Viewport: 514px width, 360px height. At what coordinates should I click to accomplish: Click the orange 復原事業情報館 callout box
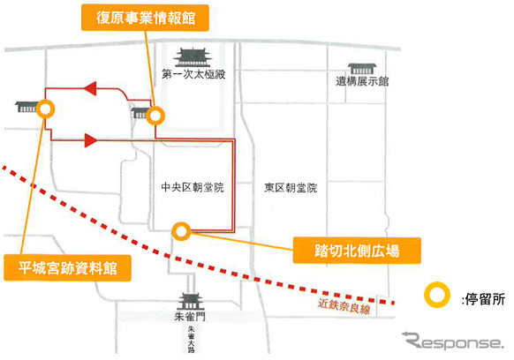(x=145, y=18)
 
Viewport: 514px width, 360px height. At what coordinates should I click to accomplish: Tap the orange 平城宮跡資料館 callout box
(x=67, y=268)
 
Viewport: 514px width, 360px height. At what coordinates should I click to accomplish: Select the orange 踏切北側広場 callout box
(x=357, y=251)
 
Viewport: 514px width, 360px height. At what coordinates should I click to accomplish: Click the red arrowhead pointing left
(x=90, y=88)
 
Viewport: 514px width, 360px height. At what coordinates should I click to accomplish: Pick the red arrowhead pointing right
(x=91, y=140)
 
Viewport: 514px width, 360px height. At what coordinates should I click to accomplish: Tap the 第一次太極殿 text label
(x=193, y=74)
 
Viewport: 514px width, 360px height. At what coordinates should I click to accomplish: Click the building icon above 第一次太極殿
(x=193, y=57)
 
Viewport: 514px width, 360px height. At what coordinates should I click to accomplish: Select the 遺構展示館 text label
(x=362, y=81)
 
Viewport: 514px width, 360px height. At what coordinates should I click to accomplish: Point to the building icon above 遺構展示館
(x=362, y=69)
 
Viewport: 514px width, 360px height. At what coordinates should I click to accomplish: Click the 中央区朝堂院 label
(x=193, y=187)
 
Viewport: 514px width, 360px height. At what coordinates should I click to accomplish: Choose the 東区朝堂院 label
(x=291, y=188)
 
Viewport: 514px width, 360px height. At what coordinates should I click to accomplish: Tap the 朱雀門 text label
(x=190, y=317)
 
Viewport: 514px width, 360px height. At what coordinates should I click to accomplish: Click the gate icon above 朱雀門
(x=191, y=302)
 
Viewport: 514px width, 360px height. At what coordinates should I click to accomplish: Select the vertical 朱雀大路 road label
(x=191, y=340)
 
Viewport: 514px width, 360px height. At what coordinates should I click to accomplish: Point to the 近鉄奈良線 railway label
(x=344, y=306)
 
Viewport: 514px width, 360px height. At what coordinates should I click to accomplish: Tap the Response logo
(x=453, y=341)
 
